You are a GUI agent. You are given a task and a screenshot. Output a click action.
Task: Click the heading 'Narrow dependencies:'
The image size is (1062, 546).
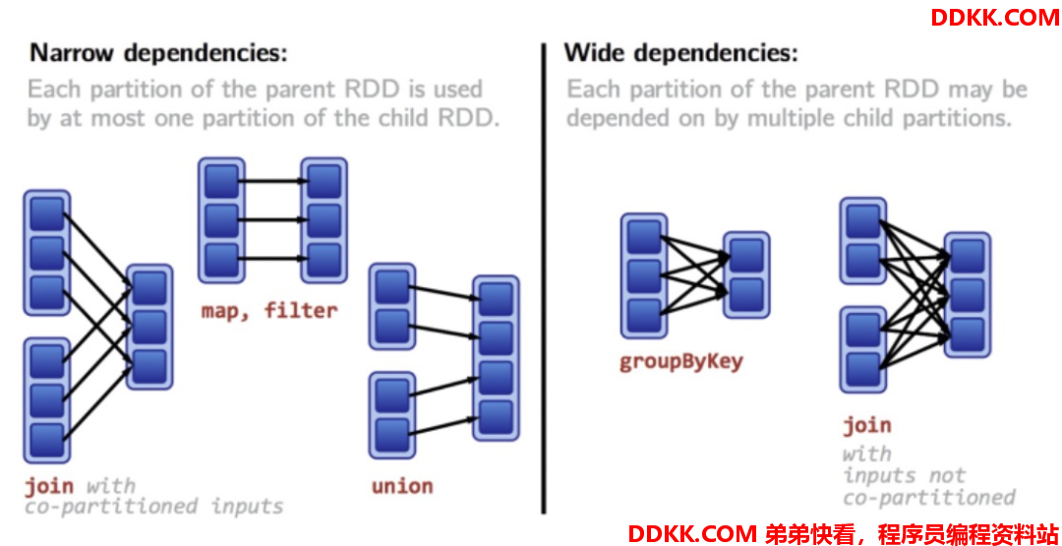point(158,53)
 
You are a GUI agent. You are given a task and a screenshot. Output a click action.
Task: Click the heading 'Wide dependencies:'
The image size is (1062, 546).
point(681,53)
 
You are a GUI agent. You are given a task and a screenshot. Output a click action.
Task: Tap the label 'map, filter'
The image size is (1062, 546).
point(268,311)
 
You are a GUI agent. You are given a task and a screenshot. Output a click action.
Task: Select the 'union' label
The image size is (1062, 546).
point(402,486)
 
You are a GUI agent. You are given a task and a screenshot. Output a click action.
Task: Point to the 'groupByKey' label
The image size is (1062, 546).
point(681,361)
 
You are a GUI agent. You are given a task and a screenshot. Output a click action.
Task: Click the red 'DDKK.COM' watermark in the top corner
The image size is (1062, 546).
point(994,17)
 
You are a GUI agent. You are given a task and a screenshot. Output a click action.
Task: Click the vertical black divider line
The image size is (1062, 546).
point(543,278)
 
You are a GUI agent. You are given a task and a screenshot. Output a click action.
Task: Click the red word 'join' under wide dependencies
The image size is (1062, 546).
point(867,425)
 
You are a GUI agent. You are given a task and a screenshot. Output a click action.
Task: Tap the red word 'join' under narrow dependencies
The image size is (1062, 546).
point(49,486)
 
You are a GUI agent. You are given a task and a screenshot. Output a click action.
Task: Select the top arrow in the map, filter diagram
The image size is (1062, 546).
point(274,181)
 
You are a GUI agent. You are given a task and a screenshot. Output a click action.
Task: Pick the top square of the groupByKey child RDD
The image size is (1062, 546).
point(746,255)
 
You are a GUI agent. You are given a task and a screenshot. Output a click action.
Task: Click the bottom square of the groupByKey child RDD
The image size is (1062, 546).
point(746,294)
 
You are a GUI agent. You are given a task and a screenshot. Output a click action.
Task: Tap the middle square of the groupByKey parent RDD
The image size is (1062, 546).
point(644,275)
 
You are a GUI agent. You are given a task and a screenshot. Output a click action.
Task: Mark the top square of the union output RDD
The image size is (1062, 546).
point(496,299)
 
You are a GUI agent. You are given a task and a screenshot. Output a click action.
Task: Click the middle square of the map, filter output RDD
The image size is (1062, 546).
point(324,220)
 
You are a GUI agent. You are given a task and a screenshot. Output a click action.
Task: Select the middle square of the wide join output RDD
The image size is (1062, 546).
point(968,295)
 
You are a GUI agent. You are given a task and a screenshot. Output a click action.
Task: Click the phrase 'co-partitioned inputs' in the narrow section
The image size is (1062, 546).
point(153,507)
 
